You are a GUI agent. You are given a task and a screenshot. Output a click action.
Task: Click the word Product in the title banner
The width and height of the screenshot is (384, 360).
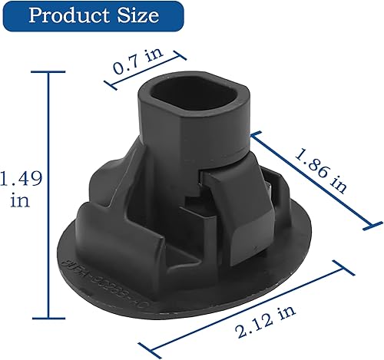pos(68,16)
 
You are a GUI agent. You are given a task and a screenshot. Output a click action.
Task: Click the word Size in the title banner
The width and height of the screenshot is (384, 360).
pos(138,16)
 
